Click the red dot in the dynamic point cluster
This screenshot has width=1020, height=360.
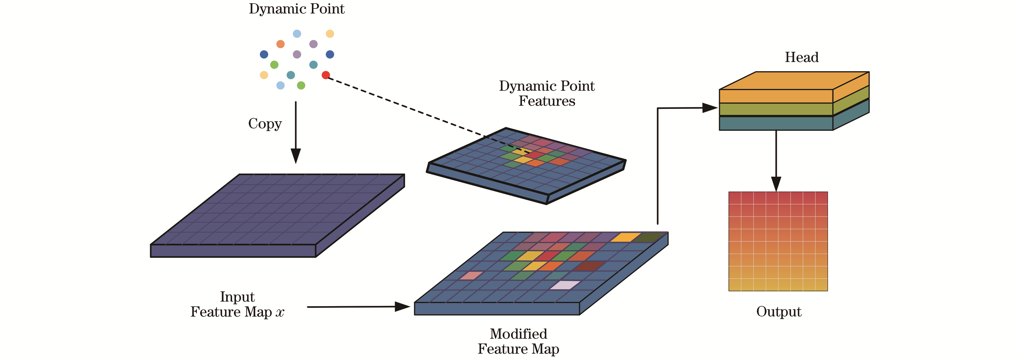click(x=326, y=75)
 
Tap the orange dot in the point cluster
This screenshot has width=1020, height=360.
click(x=280, y=44)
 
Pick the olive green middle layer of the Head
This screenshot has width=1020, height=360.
click(x=776, y=109)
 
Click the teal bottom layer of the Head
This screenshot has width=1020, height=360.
click(x=776, y=123)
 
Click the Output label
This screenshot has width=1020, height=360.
click(x=778, y=312)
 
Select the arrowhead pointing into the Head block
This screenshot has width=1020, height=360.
click(x=710, y=108)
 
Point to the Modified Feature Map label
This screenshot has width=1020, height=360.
click(x=518, y=341)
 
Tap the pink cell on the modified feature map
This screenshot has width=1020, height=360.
click(x=471, y=275)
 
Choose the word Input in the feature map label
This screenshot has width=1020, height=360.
click(x=237, y=297)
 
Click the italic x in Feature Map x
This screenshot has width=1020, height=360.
click(x=280, y=312)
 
